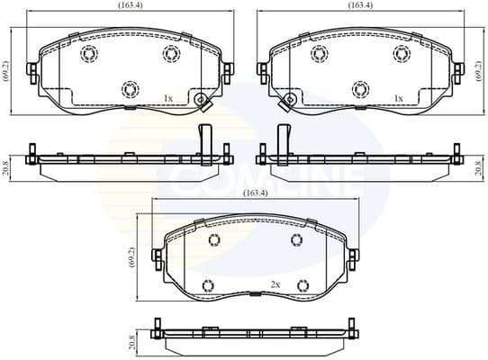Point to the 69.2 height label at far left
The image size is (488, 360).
click(x=6, y=68)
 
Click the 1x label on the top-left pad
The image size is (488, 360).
click(x=167, y=97)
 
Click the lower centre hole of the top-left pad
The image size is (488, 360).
click(x=128, y=88)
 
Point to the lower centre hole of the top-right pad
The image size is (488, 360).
click(x=360, y=88)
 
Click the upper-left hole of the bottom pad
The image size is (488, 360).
click(x=214, y=240)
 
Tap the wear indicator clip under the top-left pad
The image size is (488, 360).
click(x=204, y=102)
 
